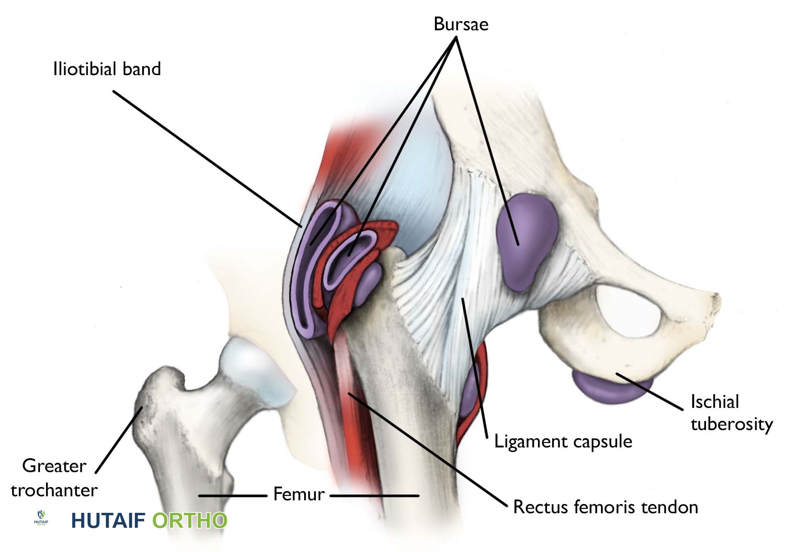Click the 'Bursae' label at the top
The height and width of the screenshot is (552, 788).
coord(461,24)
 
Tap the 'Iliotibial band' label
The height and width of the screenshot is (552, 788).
coord(107,69)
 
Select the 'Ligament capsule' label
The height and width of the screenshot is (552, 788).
coord(563,442)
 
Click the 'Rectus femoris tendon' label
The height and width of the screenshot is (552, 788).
coord(605,507)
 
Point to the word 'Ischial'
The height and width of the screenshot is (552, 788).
coord(715,402)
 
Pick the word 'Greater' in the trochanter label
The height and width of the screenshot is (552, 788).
coord(54,466)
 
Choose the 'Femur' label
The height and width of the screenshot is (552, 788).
coord(299,494)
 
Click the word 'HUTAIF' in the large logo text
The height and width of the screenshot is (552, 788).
coord(108,521)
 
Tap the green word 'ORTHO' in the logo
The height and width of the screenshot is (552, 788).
coord(189,521)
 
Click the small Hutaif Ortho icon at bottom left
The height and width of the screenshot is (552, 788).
coord(41,518)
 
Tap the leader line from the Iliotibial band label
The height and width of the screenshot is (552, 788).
coord(207,158)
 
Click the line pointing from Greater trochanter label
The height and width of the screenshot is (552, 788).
coord(119,440)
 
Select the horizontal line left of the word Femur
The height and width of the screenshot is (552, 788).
coord(233,495)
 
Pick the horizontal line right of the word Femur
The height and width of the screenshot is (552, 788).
coord(374,495)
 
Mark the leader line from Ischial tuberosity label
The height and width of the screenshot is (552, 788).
coord(650,392)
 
